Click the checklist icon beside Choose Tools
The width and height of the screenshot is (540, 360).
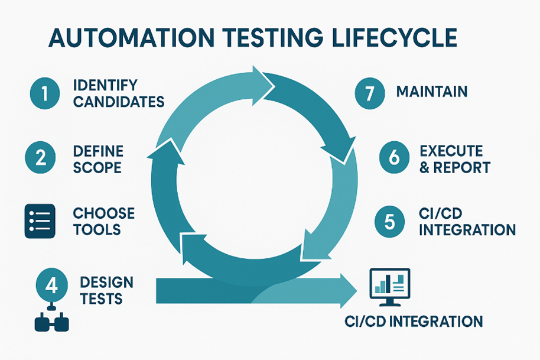tap(40, 221)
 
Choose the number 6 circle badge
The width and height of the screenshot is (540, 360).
tap(394, 158)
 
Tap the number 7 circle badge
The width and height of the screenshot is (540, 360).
tap(370, 93)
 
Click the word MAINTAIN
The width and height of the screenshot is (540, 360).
tap(432, 92)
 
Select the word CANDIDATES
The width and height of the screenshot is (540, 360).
tap(119, 102)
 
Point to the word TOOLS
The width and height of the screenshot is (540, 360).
tap(97, 229)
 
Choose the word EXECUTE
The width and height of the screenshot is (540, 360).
tap(451, 151)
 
